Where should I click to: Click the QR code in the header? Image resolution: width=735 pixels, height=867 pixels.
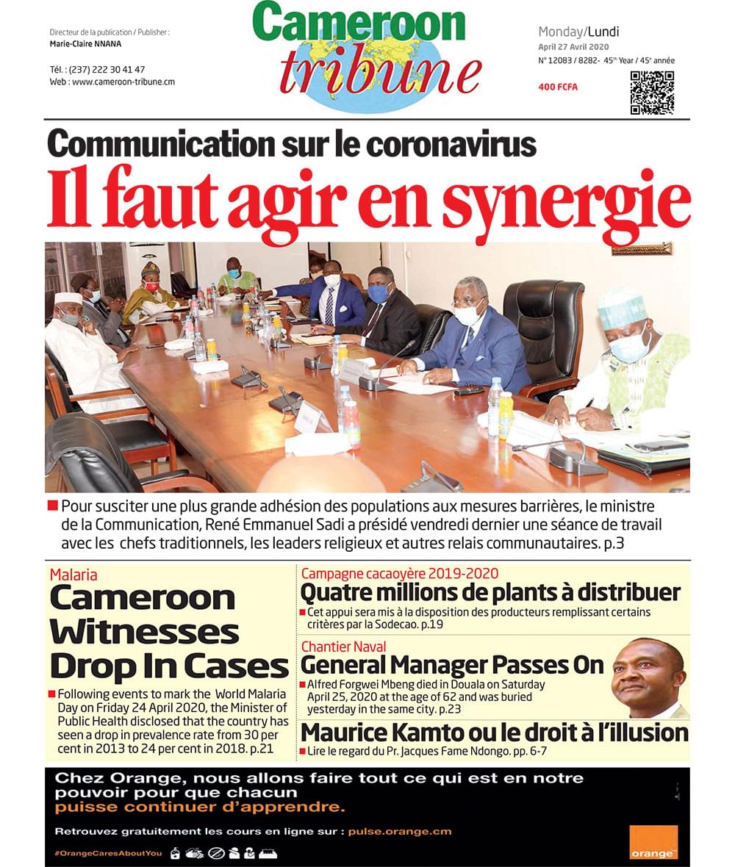(x=652, y=93)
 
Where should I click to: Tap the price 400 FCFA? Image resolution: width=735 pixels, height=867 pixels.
(x=558, y=87)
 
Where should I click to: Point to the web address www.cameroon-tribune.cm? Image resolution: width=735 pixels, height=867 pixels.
(x=123, y=82)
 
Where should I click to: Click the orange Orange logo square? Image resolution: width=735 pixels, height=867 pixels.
(x=653, y=841)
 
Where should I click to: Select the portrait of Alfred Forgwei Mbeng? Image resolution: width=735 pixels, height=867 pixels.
(x=648, y=678)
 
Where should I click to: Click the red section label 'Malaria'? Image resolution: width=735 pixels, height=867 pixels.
(x=73, y=575)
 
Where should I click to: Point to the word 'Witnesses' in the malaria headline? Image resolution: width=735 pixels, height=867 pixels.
(x=145, y=632)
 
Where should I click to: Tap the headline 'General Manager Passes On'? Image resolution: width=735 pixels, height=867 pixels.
(x=452, y=665)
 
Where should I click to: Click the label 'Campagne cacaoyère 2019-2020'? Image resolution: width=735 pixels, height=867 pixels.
(x=400, y=573)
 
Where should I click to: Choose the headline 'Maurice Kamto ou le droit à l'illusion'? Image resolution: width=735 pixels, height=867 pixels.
(x=495, y=733)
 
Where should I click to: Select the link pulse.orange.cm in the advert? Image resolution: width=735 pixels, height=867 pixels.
(x=400, y=832)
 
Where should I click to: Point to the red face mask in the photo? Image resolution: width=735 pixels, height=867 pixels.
(x=151, y=286)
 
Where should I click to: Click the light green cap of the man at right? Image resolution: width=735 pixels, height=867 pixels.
(x=621, y=307)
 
